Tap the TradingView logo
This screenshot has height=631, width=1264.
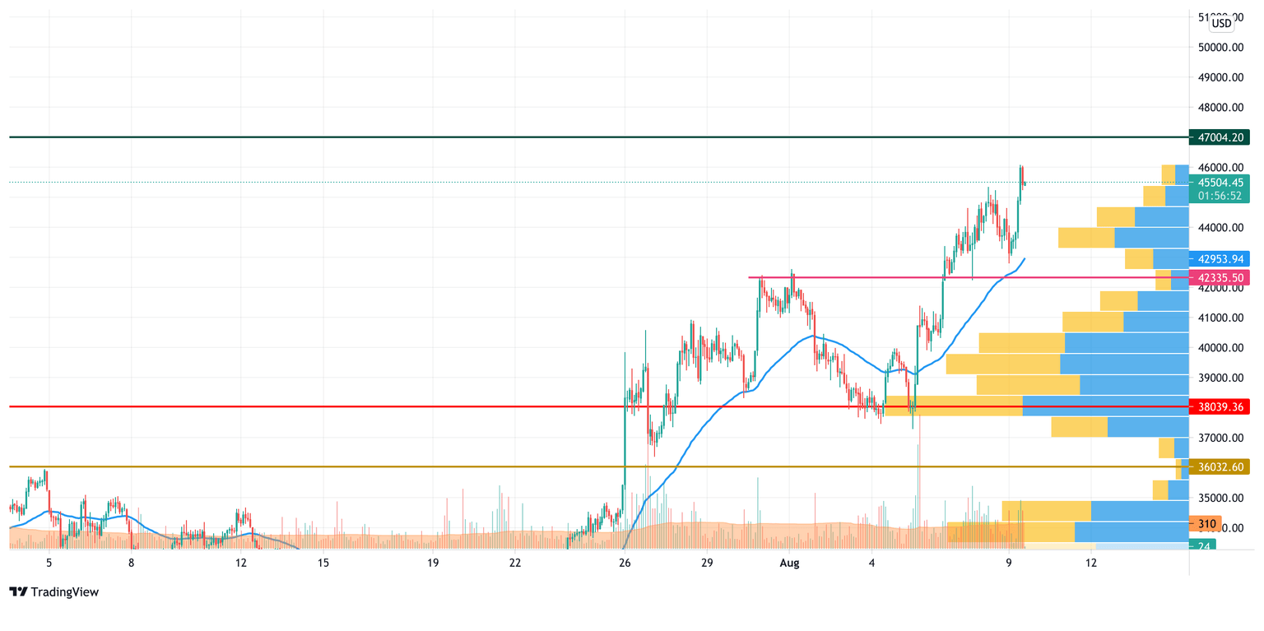[53, 592]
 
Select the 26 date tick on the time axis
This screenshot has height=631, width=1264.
[625, 564]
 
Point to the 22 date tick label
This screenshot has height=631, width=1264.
[515, 564]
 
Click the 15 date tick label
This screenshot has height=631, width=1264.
[323, 564]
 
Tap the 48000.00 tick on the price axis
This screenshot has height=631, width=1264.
[1220, 108]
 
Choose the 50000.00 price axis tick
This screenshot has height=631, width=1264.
[1220, 48]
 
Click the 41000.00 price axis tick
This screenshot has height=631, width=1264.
[1220, 318]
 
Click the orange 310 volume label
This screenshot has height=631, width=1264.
[1207, 523]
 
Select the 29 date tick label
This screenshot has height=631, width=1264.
[707, 564]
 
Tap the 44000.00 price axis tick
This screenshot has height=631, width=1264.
[1220, 228]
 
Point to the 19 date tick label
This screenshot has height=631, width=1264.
[433, 564]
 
